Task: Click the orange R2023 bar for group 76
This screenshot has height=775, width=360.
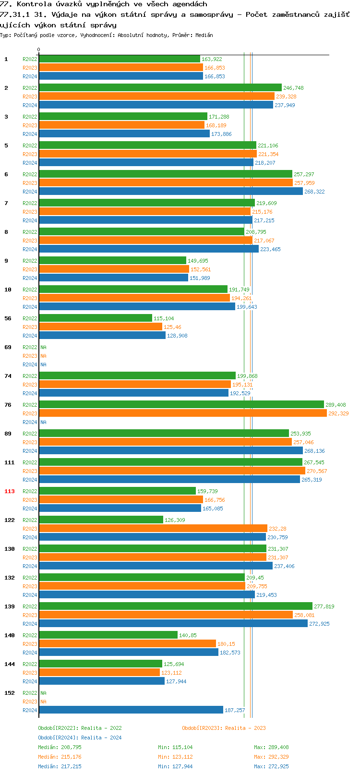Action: pyautogui.click(x=182, y=413)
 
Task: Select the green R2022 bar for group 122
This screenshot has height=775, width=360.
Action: pyautogui.click(x=101, y=520)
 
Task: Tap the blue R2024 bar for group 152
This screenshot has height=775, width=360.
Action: pyautogui.click(x=131, y=710)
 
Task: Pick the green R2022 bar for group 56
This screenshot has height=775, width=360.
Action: pyautogui.click(x=95, y=318)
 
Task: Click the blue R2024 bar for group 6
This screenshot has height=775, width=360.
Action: pyautogui.click(x=170, y=192)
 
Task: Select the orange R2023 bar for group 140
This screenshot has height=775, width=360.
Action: pyautogui.click(x=127, y=644)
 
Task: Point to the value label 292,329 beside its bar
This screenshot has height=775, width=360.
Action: pyautogui.click(x=338, y=413)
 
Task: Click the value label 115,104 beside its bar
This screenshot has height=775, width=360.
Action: pyautogui.click(x=164, y=318)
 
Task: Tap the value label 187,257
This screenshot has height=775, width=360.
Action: pyautogui.click(x=235, y=710)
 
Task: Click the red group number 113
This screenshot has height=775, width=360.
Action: pyautogui.click(x=10, y=491)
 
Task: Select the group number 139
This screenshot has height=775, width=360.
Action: pyautogui.click(x=10, y=606)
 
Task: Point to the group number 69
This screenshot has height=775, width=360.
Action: pyautogui.click(x=8, y=347)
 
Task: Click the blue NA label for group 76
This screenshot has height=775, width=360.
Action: pyautogui.click(x=43, y=422)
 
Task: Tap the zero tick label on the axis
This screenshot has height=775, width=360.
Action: pyautogui.click(x=39, y=50)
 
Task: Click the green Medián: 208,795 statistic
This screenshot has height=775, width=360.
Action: pyautogui.click(x=60, y=747)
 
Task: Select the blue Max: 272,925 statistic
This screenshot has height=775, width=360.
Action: pyautogui.click(x=271, y=766)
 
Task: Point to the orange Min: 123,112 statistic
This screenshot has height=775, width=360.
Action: pyautogui.click(x=175, y=757)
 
